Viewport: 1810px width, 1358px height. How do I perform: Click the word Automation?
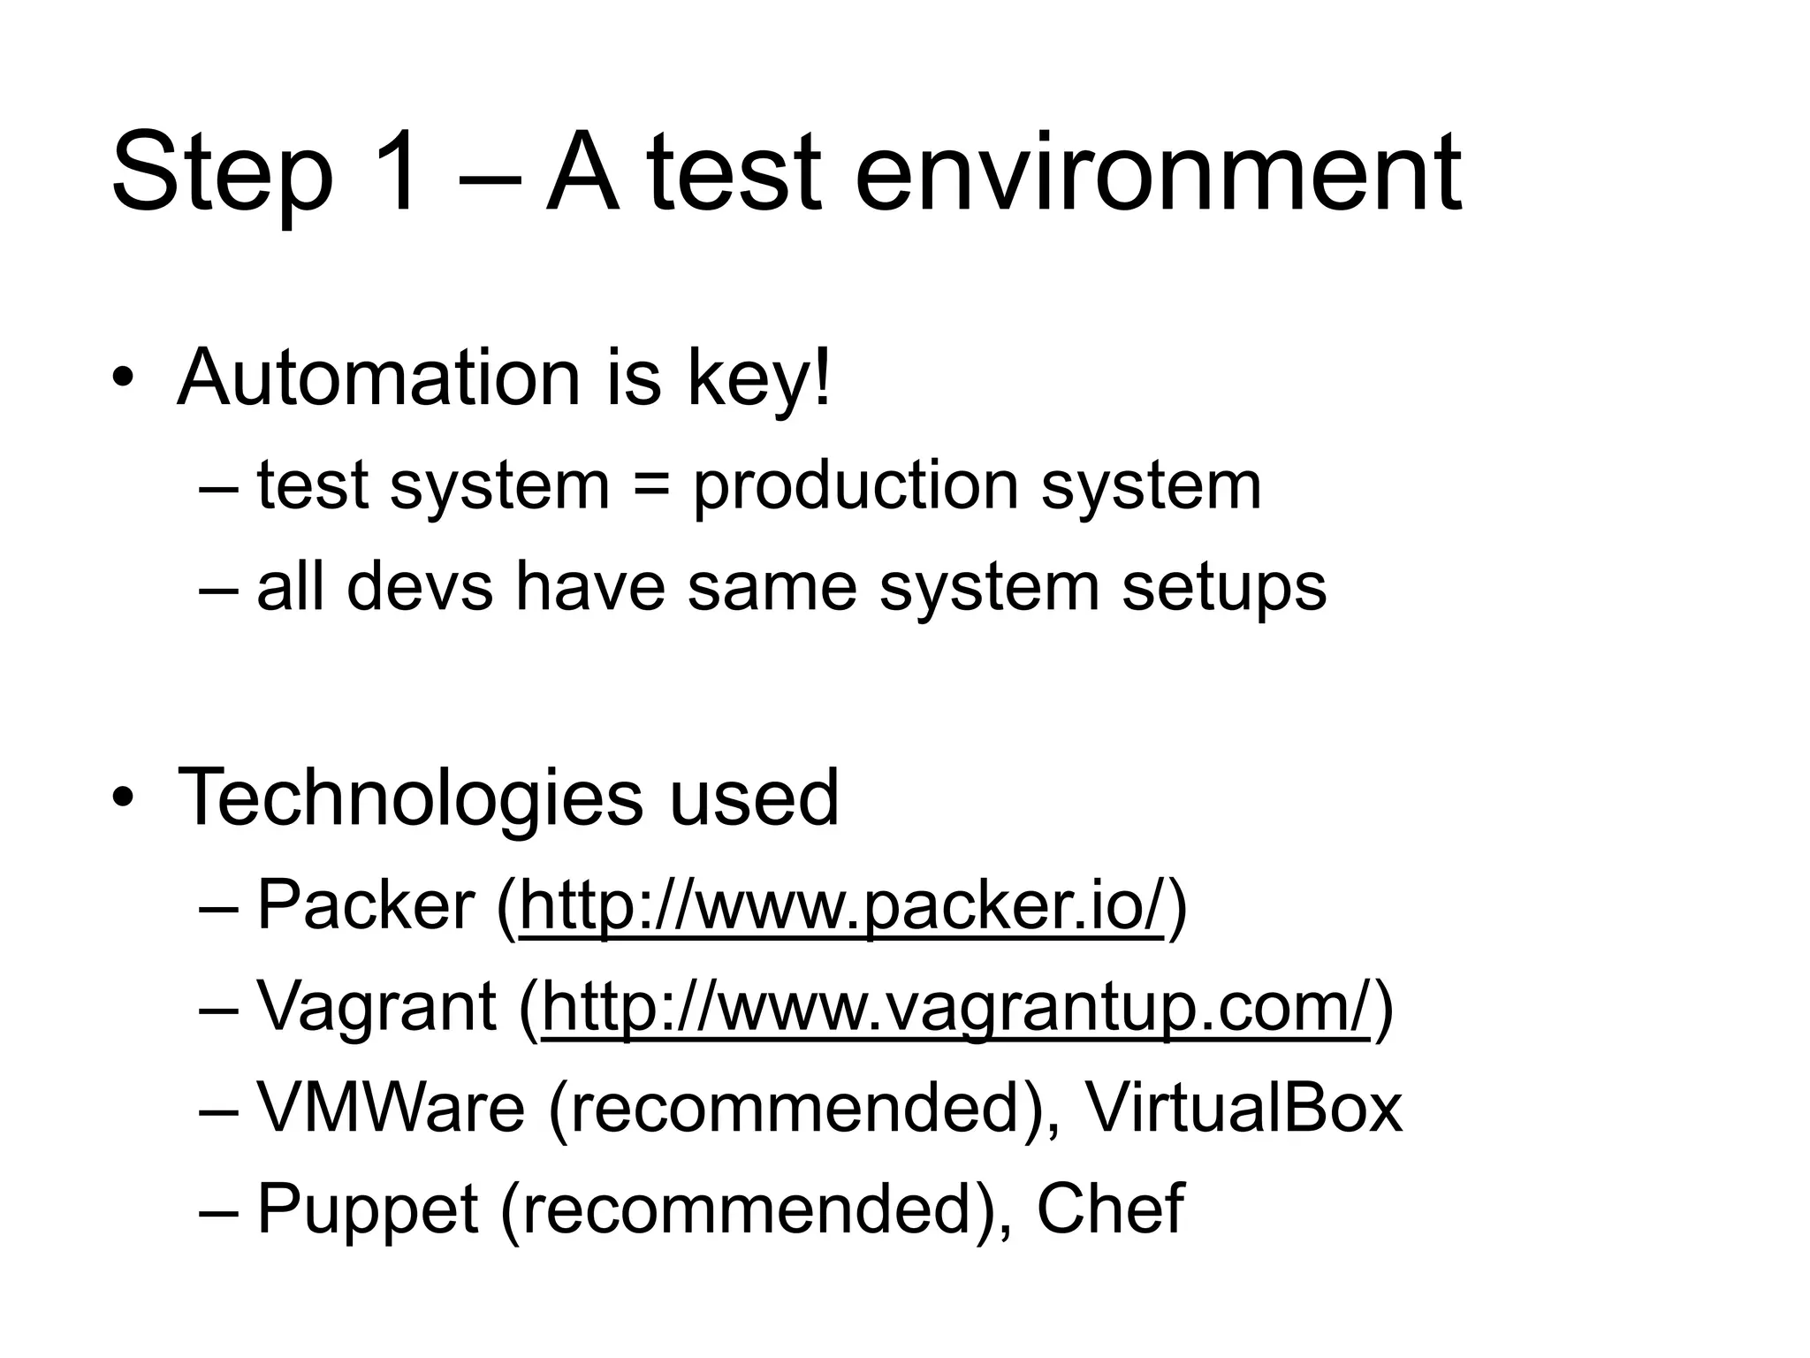point(378,378)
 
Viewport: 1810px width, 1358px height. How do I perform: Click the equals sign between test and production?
point(651,487)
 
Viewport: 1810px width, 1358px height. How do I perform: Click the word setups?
point(1224,588)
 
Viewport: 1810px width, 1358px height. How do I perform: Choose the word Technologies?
point(410,799)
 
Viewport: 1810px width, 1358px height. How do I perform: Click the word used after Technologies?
point(754,797)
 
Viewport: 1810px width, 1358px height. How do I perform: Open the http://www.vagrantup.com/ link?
point(955,1007)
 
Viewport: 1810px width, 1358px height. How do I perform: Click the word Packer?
point(366,905)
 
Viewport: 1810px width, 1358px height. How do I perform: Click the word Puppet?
point(368,1210)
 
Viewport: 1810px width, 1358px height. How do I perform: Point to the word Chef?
point(1109,1209)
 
